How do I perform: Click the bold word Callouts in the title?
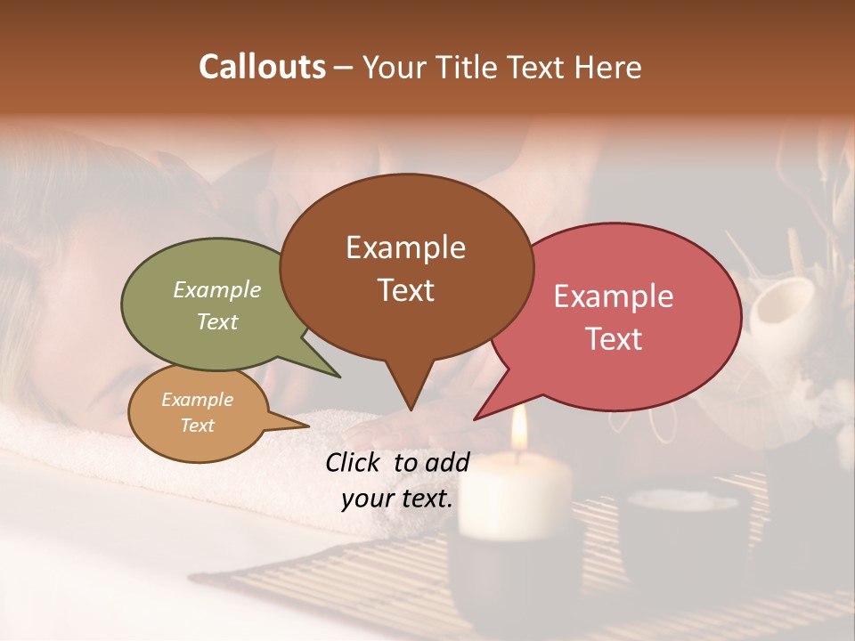[x=262, y=67]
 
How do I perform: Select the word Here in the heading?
[x=609, y=68]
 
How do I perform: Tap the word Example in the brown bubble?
[x=405, y=247]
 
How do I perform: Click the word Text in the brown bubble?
[x=405, y=289]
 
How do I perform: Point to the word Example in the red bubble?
[x=614, y=296]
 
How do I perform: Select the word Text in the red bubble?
[x=614, y=338]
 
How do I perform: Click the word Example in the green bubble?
[x=216, y=290]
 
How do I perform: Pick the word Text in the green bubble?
[x=216, y=321]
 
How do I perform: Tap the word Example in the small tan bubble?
[x=197, y=400]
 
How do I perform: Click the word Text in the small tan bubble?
[x=197, y=426]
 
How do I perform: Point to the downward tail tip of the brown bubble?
[x=410, y=407]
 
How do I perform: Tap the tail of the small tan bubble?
[x=303, y=426]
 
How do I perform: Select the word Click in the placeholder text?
[x=354, y=462]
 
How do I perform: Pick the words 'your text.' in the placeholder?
[x=397, y=499]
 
